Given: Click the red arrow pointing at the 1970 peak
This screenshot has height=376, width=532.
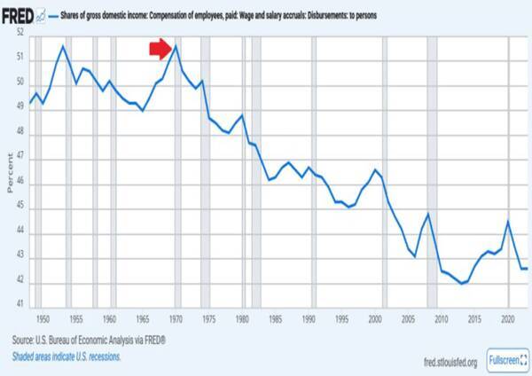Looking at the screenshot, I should coord(160,48).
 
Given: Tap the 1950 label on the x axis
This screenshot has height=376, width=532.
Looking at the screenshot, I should coord(42,317).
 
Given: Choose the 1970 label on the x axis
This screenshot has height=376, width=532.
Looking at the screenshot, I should coord(176,317).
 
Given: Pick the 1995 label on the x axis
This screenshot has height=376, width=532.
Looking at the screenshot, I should coord(341,317).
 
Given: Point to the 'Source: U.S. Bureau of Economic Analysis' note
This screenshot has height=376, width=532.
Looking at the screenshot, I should coord(89,341).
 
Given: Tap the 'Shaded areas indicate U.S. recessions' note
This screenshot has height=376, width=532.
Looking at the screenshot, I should coord(66,356).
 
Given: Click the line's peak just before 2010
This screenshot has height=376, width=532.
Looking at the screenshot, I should coord(428,214).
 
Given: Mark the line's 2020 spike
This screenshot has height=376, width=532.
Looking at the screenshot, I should coord(507,221).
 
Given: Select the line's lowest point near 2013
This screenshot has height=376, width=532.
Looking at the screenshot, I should coord(462,284).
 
